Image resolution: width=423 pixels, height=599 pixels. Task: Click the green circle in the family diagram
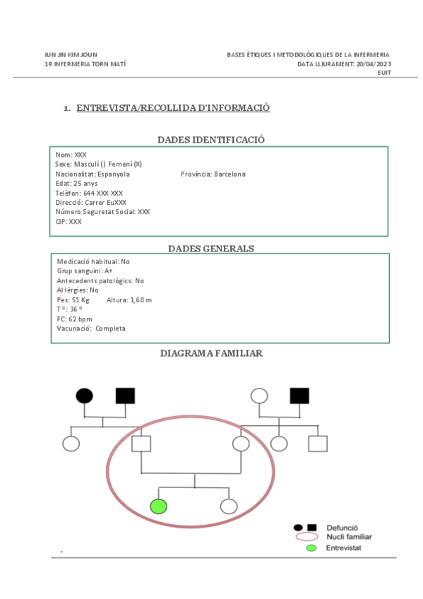[158, 506]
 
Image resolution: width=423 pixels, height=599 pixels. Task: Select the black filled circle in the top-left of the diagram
[84, 396]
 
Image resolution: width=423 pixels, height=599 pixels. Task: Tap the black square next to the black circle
[125, 396]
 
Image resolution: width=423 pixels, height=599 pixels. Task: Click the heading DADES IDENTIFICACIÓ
[210, 139]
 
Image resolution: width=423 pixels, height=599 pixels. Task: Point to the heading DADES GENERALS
[210, 248]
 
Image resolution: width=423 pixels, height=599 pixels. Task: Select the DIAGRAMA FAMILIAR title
[211, 352]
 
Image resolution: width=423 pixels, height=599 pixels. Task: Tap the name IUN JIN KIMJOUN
[71, 54]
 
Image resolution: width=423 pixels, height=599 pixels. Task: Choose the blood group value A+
[108, 271]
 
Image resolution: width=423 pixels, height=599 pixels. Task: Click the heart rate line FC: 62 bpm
[74, 319]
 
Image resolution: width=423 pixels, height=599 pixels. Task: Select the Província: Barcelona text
[213, 174]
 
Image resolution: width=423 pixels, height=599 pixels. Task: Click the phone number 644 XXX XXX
[103, 193]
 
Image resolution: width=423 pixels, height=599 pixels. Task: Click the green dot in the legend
[311, 547]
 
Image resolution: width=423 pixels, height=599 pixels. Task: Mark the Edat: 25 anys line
[76, 184]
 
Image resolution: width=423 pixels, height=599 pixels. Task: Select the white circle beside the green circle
[228, 506]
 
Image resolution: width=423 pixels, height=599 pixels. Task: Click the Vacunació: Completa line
[91, 328]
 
